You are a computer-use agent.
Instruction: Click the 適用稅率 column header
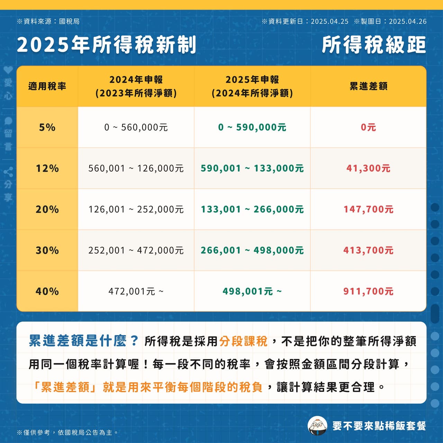(47, 87)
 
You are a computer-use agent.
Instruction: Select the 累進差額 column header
(369, 87)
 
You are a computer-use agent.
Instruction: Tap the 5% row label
(47, 127)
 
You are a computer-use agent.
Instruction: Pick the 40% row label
(47, 291)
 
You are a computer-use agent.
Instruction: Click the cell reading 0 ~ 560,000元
(136, 127)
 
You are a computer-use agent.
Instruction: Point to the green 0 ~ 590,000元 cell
(252, 127)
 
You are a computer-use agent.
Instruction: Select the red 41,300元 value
(369, 168)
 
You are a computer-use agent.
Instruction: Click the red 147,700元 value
(369, 209)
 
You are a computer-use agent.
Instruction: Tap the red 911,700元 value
(369, 291)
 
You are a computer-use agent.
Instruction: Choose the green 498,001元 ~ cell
(252, 291)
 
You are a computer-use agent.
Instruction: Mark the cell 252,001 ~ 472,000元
(136, 250)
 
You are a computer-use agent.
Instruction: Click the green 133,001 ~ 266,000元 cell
(252, 209)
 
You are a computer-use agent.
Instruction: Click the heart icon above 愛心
(8, 70)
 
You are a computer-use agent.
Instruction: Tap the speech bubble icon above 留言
(8, 121)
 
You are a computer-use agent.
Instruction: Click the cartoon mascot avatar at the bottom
(317, 426)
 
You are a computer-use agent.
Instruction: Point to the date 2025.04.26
(408, 21)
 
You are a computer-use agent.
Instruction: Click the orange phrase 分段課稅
(243, 341)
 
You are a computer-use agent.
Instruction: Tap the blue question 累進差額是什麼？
(84, 341)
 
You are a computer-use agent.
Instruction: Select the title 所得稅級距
(374, 45)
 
